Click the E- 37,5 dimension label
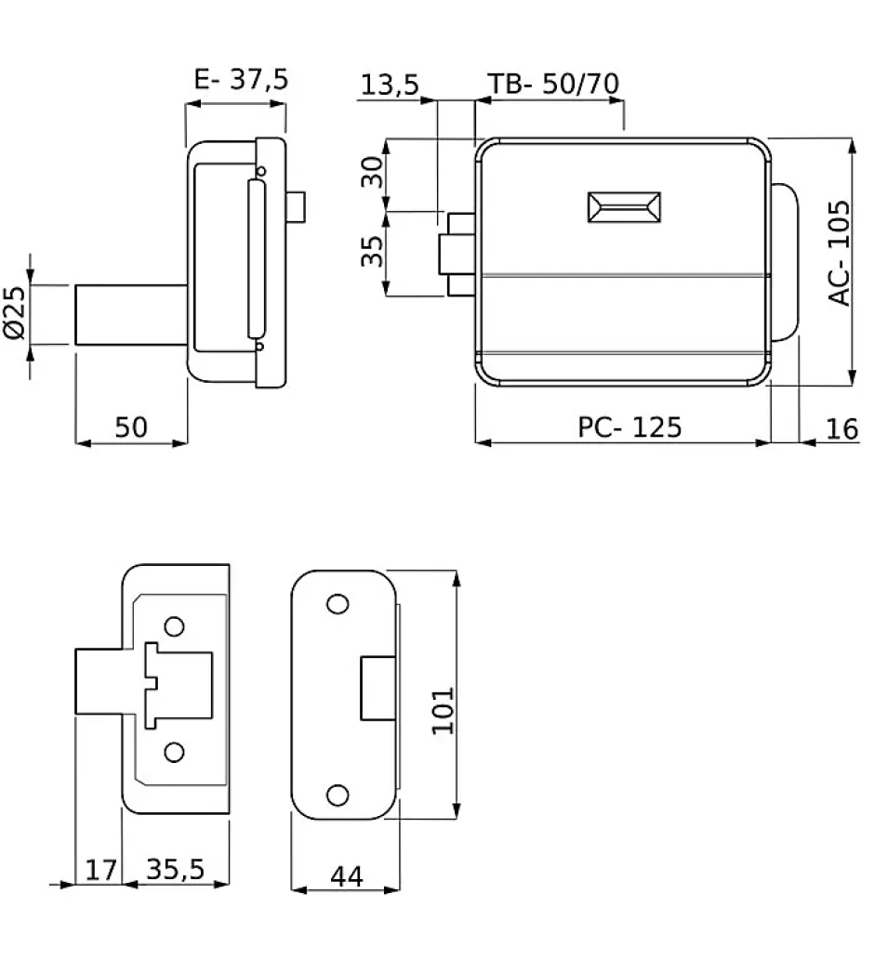click(241, 80)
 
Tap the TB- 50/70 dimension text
click(554, 84)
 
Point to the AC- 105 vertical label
click(839, 252)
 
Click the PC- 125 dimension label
click(629, 427)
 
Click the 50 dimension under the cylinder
click(131, 427)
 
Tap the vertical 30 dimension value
click(372, 172)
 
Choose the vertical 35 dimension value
click(372, 251)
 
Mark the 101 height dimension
click(444, 710)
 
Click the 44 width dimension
click(345, 875)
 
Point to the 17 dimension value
click(101, 870)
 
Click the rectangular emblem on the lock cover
click(623, 207)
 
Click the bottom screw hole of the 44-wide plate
click(338, 795)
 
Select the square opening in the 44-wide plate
click(376, 689)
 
